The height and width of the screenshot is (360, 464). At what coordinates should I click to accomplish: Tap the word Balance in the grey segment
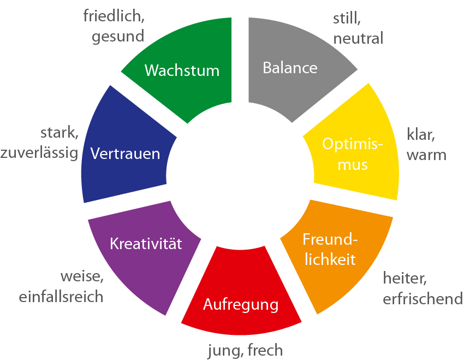[x=290, y=68]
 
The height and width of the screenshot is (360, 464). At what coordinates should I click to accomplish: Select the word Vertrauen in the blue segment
[x=126, y=154]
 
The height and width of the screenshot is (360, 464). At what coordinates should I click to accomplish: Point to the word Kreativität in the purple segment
[x=146, y=243]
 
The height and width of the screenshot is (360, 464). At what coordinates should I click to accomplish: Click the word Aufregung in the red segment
[x=241, y=304]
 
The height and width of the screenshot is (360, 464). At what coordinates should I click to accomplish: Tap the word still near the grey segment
[x=347, y=18]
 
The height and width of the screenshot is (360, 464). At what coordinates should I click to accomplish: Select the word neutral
[x=358, y=38]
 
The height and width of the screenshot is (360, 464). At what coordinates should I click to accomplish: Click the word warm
[x=427, y=155]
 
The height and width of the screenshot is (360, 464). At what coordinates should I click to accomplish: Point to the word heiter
[x=404, y=279]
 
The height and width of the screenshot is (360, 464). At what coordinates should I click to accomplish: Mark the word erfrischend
[x=423, y=299]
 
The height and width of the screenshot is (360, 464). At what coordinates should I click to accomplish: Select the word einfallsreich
[x=61, y=297]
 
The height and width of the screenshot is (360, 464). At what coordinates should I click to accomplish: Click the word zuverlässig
[x=39, y=154]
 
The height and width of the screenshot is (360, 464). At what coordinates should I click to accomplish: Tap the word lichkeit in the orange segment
[x=330, y=258]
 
